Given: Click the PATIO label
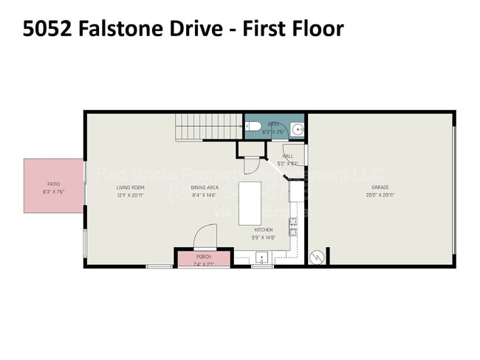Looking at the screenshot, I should (x=53, y=184).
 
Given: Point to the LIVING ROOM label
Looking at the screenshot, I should (x=129, y=187).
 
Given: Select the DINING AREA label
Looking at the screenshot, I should (x=204, y=187).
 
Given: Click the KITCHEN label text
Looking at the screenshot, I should (x=264, y=229).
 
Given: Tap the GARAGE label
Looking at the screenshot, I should (x=380, y=187).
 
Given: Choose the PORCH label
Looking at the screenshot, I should (x=204, y=257).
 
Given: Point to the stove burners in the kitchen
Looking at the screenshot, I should (x=293, y=226).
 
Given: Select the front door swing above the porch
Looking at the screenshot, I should (x=205, y=238).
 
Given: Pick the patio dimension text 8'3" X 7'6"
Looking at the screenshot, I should (x=53, y=192).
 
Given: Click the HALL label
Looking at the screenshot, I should (x=287, y=156).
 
